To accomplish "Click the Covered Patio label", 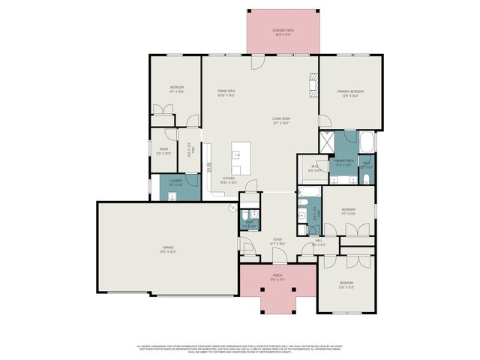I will pyautogui.click(x=282, y=31).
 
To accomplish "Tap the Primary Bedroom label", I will pyautogui.click(x=350, y=93).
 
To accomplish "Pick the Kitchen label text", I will pyautogui.click(x=229, y=179).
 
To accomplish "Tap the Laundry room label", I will pyautogui.click(x=176, y=181).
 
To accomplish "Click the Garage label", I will pyautogui.click(x=168, y=248).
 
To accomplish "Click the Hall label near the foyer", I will pyautogui.click(x=318, y=242).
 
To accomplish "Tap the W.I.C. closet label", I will pyautogui.click(x=316, y=167).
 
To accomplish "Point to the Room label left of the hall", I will pyautogui.click(x=163, y=151).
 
